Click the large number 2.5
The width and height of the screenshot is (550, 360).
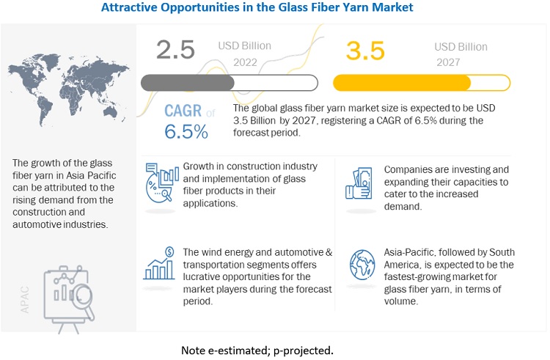(175, 49)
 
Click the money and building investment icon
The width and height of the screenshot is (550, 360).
(359, 180)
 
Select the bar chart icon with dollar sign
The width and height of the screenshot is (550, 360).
(161, 265)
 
